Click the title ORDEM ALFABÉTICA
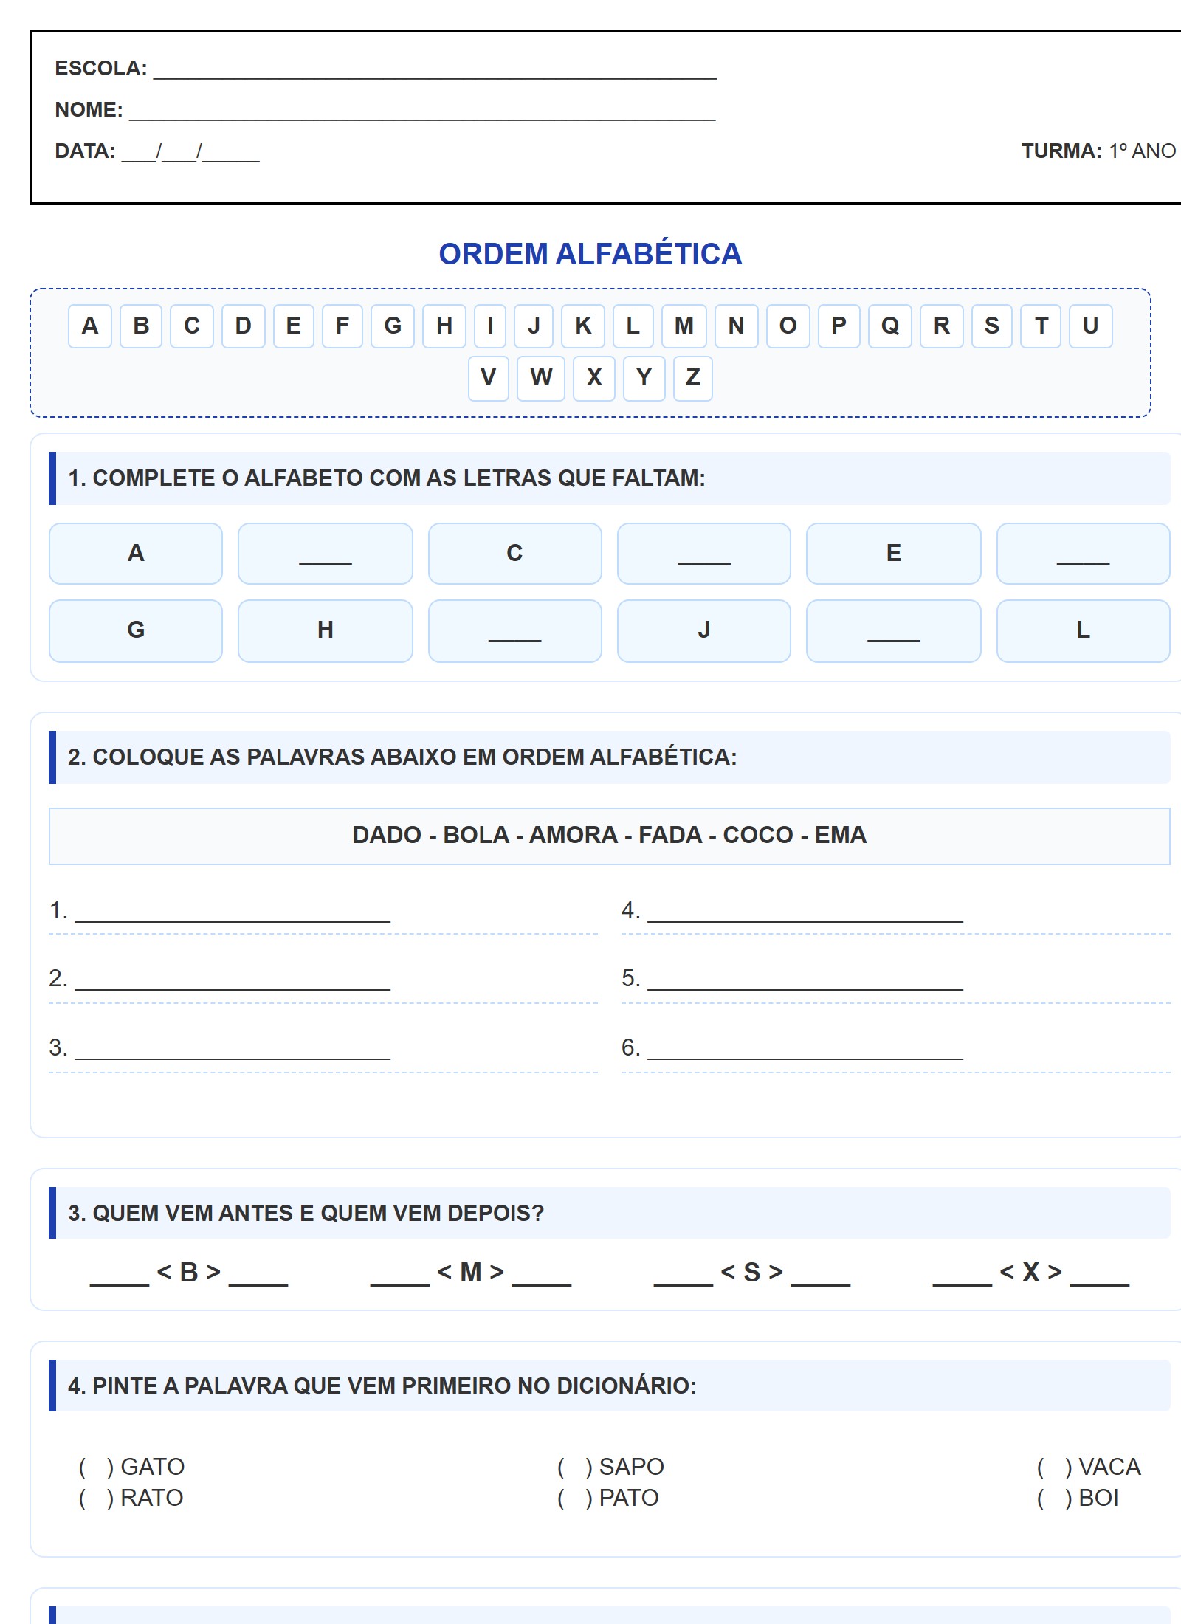click(x=590, y=254)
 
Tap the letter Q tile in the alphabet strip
click(x=890, y=326)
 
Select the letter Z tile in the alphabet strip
click(x=692, y=378)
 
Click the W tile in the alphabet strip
click(x=540, y=378)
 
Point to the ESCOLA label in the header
click(x=100, y=69)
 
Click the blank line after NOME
click(x=422, y=111)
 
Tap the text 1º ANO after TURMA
click(x=1142, y=151)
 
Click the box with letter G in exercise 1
click(x=136, y=630)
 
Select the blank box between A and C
click(x=325, y=554)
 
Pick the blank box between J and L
click(x=893, y=630)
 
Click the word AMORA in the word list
click(x=574, y=835)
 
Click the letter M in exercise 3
click(x=471, y=1273)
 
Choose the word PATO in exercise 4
click(x=629, y=1498)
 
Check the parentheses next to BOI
click(x=1054, y=1498)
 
